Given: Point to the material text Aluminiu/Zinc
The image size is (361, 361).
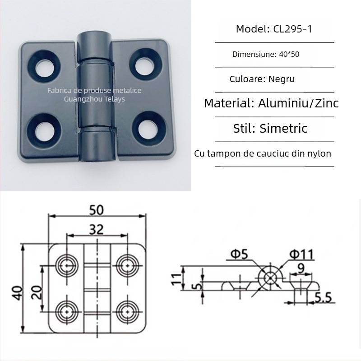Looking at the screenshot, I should [298, 103].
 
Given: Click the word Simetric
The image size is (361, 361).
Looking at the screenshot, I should [284, 128].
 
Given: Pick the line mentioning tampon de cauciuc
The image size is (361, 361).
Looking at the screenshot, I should [263, 153].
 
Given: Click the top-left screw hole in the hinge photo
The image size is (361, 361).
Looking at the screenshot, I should [45, 65].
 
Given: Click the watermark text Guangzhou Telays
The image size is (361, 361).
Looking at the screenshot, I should [95, 99].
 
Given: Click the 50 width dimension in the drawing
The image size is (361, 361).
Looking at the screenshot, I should [96, 210].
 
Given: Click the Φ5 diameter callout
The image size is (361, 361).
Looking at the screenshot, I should [239, 255].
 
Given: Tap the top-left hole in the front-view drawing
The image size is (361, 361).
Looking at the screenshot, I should [66, 264].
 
